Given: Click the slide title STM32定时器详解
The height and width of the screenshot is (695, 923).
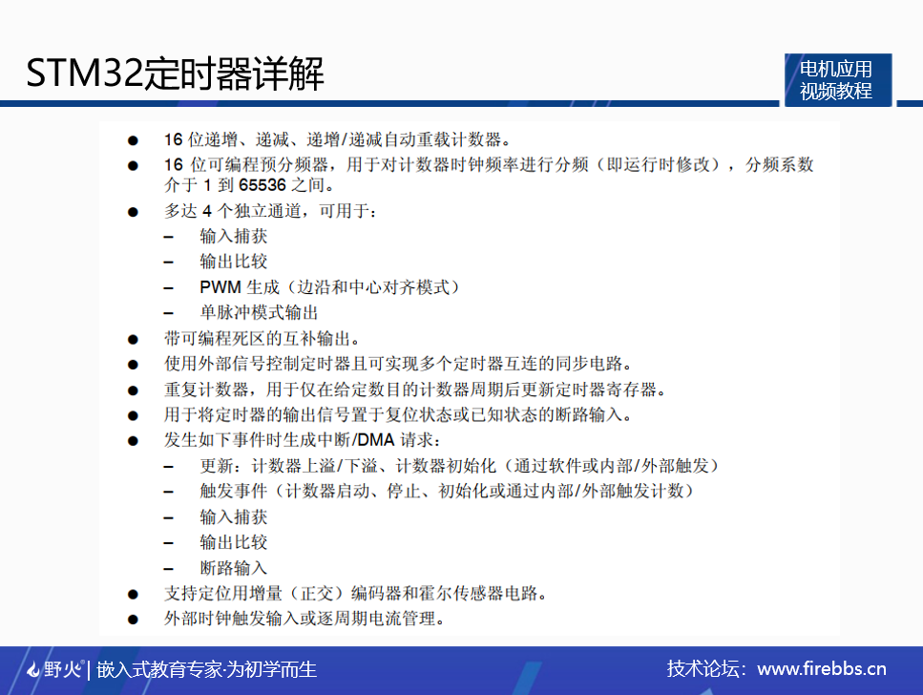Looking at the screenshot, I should tap(175, 74).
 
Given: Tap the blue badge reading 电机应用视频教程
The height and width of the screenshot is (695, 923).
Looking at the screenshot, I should tap(836, 80).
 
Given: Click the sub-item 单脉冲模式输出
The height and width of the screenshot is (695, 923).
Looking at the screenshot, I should tap(259, 312).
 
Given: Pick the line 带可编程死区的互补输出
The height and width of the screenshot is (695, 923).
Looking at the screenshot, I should tap(262, 338).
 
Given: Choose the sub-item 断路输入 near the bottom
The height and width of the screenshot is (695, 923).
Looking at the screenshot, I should tap(234, 568).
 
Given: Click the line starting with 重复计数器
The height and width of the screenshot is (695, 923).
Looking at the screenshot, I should tap(414, 390).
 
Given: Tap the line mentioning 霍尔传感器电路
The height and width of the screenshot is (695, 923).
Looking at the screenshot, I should tap(355, 594).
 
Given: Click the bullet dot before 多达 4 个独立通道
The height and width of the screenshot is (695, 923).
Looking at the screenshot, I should tap(134, 211).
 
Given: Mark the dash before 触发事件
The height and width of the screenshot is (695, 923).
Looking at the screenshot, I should tap(169, 492).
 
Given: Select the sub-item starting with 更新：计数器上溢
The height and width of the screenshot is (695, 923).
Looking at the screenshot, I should tap(458, 466).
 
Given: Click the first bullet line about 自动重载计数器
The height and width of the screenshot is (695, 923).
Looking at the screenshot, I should tap(339, 138).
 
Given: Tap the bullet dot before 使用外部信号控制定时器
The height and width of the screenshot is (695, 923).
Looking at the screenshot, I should tap(134, 364).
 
